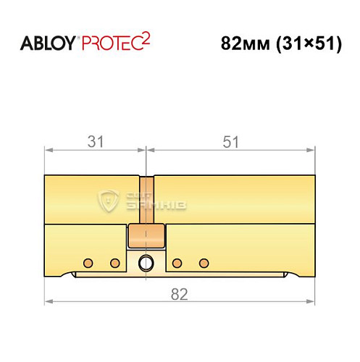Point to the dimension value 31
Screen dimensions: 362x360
tap(95, 143)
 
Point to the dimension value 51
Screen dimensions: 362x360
tap(231, 143)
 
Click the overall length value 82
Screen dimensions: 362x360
tap(180, 293)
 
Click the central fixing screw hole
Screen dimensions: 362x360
tap(146, 262)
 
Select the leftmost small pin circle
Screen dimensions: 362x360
tap(88, 261)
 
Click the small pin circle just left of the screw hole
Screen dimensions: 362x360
tap(114, 261)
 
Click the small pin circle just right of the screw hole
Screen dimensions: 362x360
tap(177, 261)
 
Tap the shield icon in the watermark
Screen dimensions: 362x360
tap(110, 201)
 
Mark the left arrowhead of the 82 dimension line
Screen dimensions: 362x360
tap(48, 300)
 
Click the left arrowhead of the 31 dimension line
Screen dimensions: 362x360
tap(48, 150)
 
